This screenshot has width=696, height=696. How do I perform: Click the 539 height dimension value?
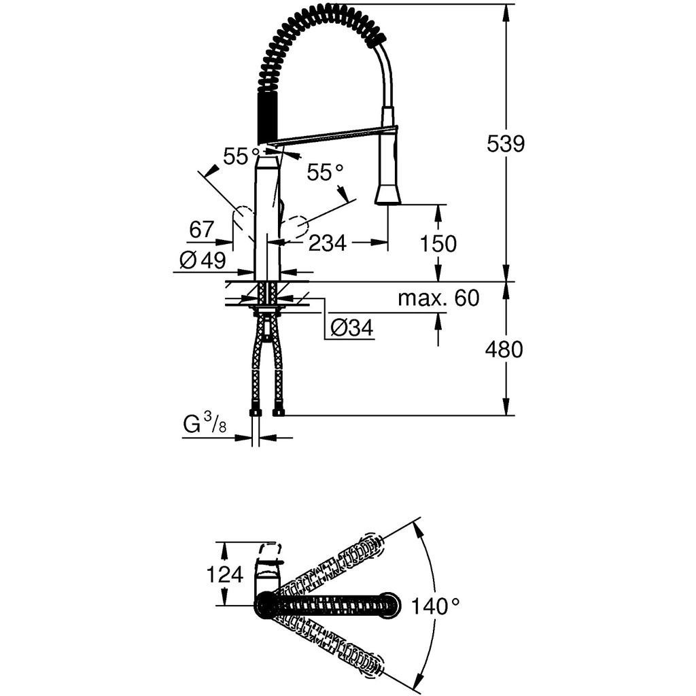tap(506, 144)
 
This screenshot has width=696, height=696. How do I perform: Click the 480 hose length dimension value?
tap(504, 349)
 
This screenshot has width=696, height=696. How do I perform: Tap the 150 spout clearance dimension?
tap(438, 243)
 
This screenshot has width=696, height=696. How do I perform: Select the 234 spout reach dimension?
tap(328, 243)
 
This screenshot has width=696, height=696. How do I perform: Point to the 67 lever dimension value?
tap(202, 229)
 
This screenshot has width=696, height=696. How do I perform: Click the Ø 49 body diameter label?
tap(203, 260)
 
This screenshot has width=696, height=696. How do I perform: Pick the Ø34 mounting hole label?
tap(351, 328)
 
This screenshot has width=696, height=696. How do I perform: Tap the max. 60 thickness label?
tap(438, 298)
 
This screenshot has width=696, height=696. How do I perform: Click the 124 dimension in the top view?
tap(224, 574)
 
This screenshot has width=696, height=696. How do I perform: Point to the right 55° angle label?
tap(326, 172)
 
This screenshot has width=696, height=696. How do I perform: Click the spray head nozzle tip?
tap(388, 198)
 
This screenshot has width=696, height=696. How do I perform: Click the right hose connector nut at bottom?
tap(278, 412)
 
